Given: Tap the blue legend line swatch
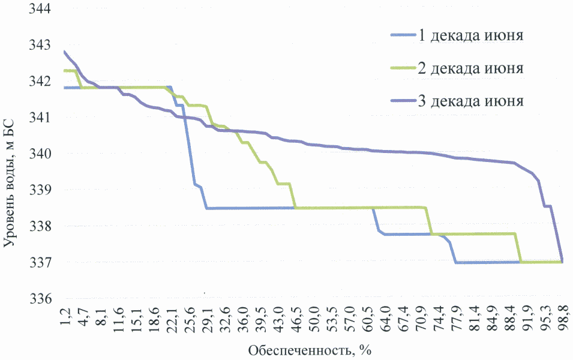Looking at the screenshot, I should [403, 34].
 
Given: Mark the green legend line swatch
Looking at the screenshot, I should [403, 67].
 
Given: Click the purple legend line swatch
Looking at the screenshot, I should [403, 100].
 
